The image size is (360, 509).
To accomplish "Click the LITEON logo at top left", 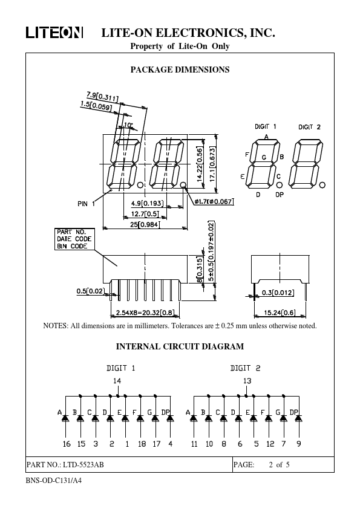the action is click(x=54, y=33).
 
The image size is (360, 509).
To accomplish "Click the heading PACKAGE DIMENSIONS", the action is click(x=180, y=70).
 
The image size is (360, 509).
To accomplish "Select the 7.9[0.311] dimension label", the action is click(x=102, y=96).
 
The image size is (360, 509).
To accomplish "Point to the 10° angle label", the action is click(x=128, y=125).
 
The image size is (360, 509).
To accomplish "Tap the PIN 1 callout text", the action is click(x=86, y=204).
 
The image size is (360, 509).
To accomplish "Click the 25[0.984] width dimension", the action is click(x=145, y=224).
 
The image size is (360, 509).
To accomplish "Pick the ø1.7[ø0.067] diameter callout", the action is click(x=214, y=201).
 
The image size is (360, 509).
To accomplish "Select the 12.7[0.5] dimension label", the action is click(x=145, y=214).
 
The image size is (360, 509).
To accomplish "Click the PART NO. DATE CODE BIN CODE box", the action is click(x=75, y=239).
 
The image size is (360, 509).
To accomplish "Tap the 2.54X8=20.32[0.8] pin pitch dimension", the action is click(x=145, y=313).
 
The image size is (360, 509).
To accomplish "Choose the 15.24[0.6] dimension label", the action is click(x=280, y=313).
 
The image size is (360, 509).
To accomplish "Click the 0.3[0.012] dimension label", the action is click(x=278, y=293).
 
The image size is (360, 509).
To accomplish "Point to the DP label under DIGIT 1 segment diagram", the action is click(x=280, y=195).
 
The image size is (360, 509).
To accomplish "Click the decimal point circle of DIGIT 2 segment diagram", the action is click(x=322, y=185).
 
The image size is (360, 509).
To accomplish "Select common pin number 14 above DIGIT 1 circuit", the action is click(x=117, y=381).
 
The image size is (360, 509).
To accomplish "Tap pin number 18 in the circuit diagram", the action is click(x=142, y=444).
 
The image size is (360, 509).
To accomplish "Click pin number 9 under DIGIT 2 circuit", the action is click(x=299, y=444).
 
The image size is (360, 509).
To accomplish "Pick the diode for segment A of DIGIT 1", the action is click(x=65, y=418).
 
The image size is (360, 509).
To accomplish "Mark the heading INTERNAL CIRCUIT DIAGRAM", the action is click(x=180, y=347).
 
